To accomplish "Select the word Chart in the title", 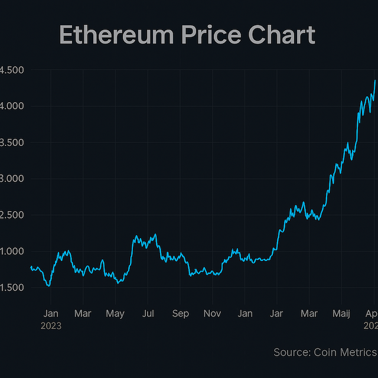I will pos(283,35).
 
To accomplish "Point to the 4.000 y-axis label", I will pos(12,106).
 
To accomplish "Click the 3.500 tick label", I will pos(12,142).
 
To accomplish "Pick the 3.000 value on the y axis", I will pos(12,179).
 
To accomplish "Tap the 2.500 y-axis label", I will pos(12,215).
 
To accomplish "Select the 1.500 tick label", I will pos(12,288).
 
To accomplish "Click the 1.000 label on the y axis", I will pos(12,252).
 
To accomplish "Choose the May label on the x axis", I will pos(116,314).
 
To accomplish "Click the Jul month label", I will pos(148,314).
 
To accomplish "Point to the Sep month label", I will pos(181,314).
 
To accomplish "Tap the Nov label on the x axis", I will pos(212,314).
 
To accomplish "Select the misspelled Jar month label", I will pos(276,314).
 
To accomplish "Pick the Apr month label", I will pos(371,314).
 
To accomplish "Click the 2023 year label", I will pos(51,325).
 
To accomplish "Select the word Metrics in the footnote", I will pos(360,353).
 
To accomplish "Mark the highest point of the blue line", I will pos(375,80).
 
